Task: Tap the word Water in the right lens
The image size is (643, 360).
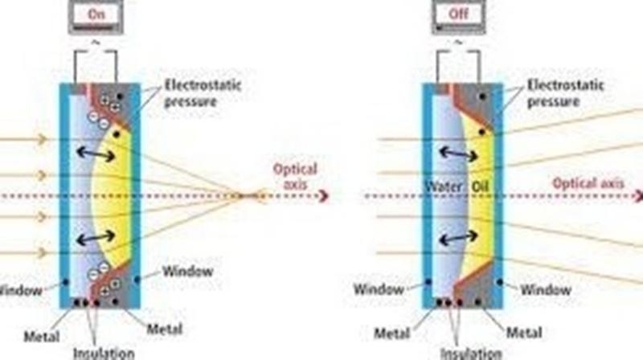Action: pyautogui.click(x=444, y=187)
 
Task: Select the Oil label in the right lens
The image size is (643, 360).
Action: pyautogui.click(x=480, y=187)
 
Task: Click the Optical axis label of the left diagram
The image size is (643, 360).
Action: pyautogui.click(x=295, y=176)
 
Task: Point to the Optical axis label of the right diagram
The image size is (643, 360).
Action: pyautogui.click(x=588, y=183)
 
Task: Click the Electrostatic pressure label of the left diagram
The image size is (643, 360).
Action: pyautogui.click(x=203, y=93)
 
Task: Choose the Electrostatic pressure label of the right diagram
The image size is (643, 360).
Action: pyautogui.click(x=565, y=93)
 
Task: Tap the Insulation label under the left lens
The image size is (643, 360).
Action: pyautogui.click(x=104, y=353)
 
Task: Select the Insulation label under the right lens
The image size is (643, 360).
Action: pyautogui.click(x=471, y=353)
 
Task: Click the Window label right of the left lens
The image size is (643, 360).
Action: pyautogui.click(x=187, y=271)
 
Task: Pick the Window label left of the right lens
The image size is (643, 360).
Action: pyautogui.click(x=379, y=289)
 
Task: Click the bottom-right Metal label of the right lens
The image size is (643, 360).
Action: pyautogui.click(x=524, y=332)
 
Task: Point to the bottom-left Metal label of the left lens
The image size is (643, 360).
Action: pyautogui.click(x=42, y=337)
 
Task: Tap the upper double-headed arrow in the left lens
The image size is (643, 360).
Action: pyautogui.click(x=96, y=154)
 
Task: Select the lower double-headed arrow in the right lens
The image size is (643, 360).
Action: pyautogui.click(x=458, y=237)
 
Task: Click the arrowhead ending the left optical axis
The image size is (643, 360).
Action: pyautogui.click(x=323, y=196)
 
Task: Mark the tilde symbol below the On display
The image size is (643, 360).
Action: pyautogui.click(x=95, y=43)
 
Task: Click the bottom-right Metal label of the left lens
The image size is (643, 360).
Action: pyautogui.click(x=165, y=329)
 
